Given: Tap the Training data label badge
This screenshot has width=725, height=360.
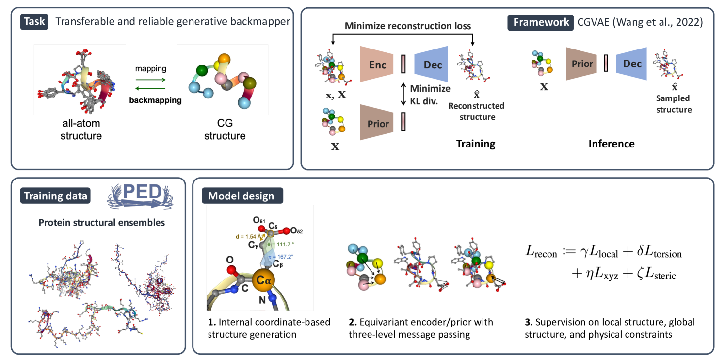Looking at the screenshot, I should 54,196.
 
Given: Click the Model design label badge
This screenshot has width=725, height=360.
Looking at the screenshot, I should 241,196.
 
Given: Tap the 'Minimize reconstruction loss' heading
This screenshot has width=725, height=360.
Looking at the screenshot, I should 408,26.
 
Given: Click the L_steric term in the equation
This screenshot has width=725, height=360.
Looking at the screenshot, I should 656,275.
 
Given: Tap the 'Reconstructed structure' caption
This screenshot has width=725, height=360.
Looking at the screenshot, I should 476,112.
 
